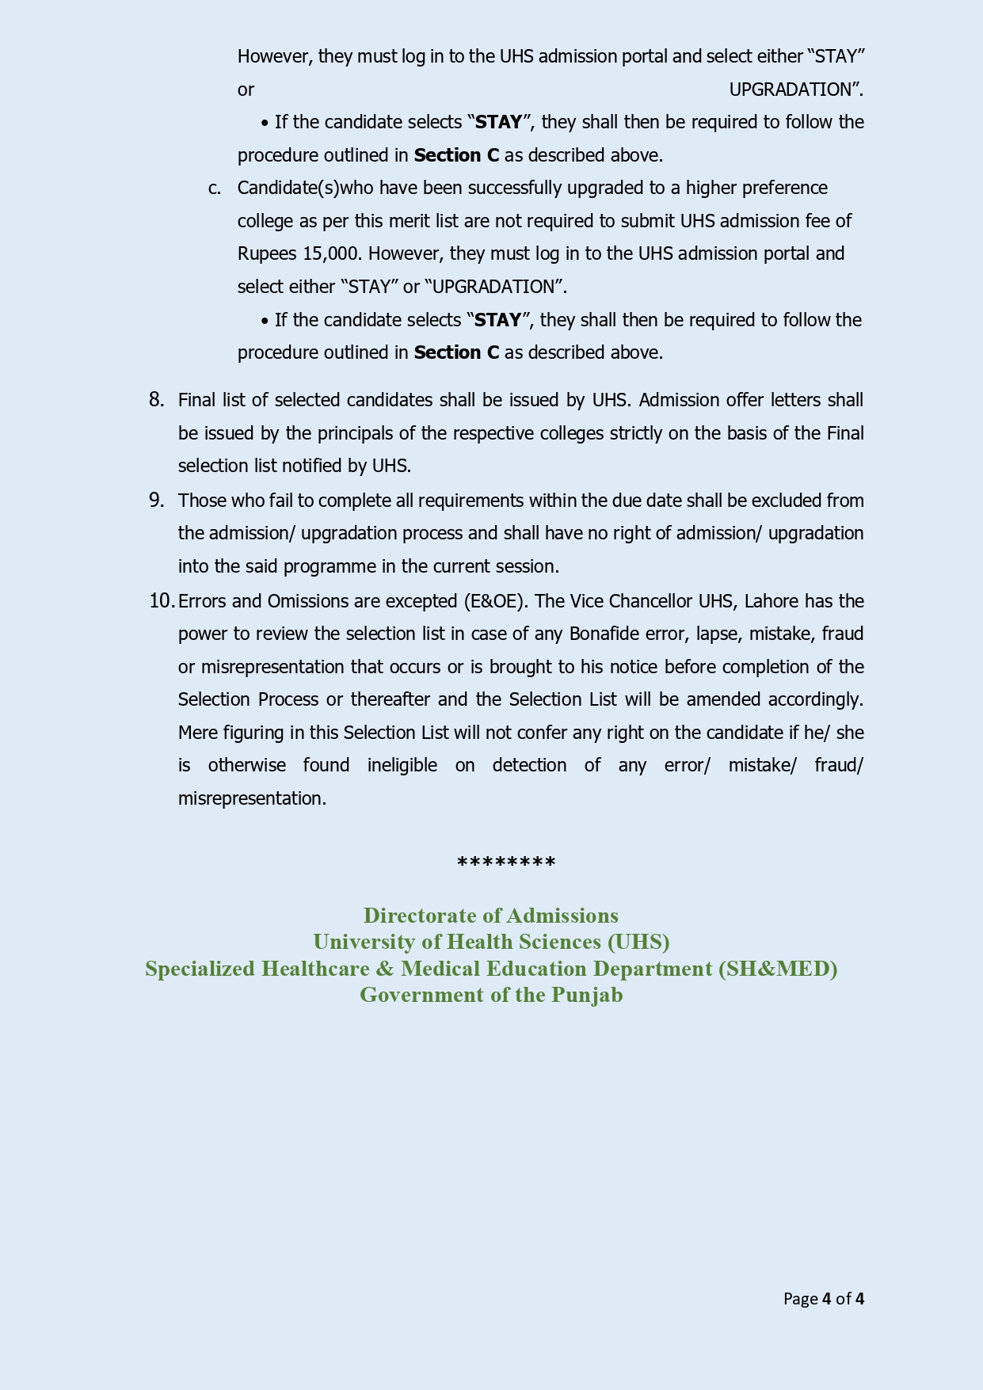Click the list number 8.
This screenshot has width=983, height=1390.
click(156, 400)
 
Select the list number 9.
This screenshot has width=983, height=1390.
click(156, 501)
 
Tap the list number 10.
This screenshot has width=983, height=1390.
click(161, 601)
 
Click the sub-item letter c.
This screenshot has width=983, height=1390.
click(215, 189)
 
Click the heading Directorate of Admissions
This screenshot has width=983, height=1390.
click(490, 916)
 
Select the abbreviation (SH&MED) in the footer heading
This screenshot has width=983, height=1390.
click(778, 969)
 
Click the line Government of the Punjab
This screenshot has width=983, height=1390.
click(491, 995)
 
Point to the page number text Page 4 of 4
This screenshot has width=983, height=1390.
click(823, 1299)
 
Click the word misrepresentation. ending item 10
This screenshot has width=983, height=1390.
click(252, 798)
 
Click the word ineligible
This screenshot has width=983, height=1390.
click(402, 766)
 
